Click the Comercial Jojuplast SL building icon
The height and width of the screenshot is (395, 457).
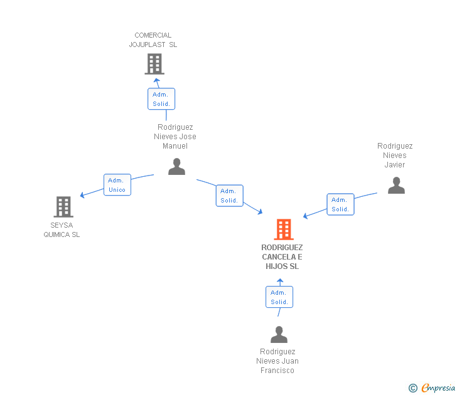[x=154, y=64]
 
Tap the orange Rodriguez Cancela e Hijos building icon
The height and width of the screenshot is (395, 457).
[x=284, y=229]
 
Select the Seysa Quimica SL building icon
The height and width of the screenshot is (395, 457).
[x=63, y=206]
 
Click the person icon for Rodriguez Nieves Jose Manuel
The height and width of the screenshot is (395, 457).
[x=176, y=167]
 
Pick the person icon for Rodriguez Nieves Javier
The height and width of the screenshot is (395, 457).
[x=396, y=186]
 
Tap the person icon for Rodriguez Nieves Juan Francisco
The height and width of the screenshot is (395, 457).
[x=279, y=335]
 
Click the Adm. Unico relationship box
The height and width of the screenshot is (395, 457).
[x=117, y=185]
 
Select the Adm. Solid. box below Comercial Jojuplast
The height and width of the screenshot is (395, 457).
[x=161, y=99]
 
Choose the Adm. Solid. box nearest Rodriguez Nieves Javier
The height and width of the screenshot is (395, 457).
[x=340, y=204]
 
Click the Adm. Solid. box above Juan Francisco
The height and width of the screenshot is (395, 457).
[x=279, y=297]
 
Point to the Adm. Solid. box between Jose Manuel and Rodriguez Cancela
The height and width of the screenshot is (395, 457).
[x=229, y=196]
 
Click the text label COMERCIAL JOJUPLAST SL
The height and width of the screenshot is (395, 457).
[x=153, y=40]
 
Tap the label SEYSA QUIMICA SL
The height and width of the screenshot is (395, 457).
[x=62, y=230]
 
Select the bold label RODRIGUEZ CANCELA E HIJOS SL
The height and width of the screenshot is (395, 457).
[x=282, y=257]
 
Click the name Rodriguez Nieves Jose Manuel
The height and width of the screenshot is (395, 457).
[x=175, y=137]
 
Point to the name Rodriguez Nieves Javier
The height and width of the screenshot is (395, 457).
[x=395, y=155]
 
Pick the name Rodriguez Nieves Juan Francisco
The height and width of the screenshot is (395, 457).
[x=277, y=361]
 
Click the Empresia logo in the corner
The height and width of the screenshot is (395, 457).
[x=438, y=388]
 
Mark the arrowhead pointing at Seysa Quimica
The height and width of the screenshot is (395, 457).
[x=82, y=195]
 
